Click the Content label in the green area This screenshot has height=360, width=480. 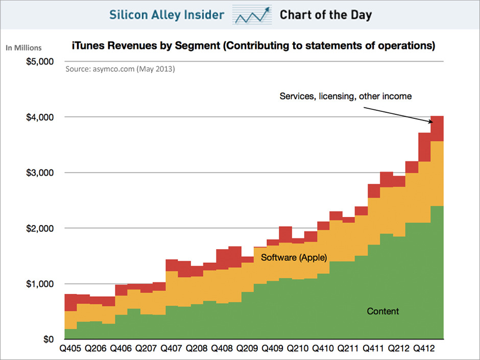pyautogui.click(x=383, y=311)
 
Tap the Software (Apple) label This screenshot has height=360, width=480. pyautogui.click(x=294, y=257)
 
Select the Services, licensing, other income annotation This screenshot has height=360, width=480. pyautogui.click(x=345, y=96)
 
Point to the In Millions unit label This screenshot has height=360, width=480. pyautogui.click(x=23, y=48)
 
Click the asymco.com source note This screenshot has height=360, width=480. pyautogui.click(x=120, y=68)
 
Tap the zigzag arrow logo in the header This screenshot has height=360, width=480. pyautogui.click(x=252, y=15)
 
